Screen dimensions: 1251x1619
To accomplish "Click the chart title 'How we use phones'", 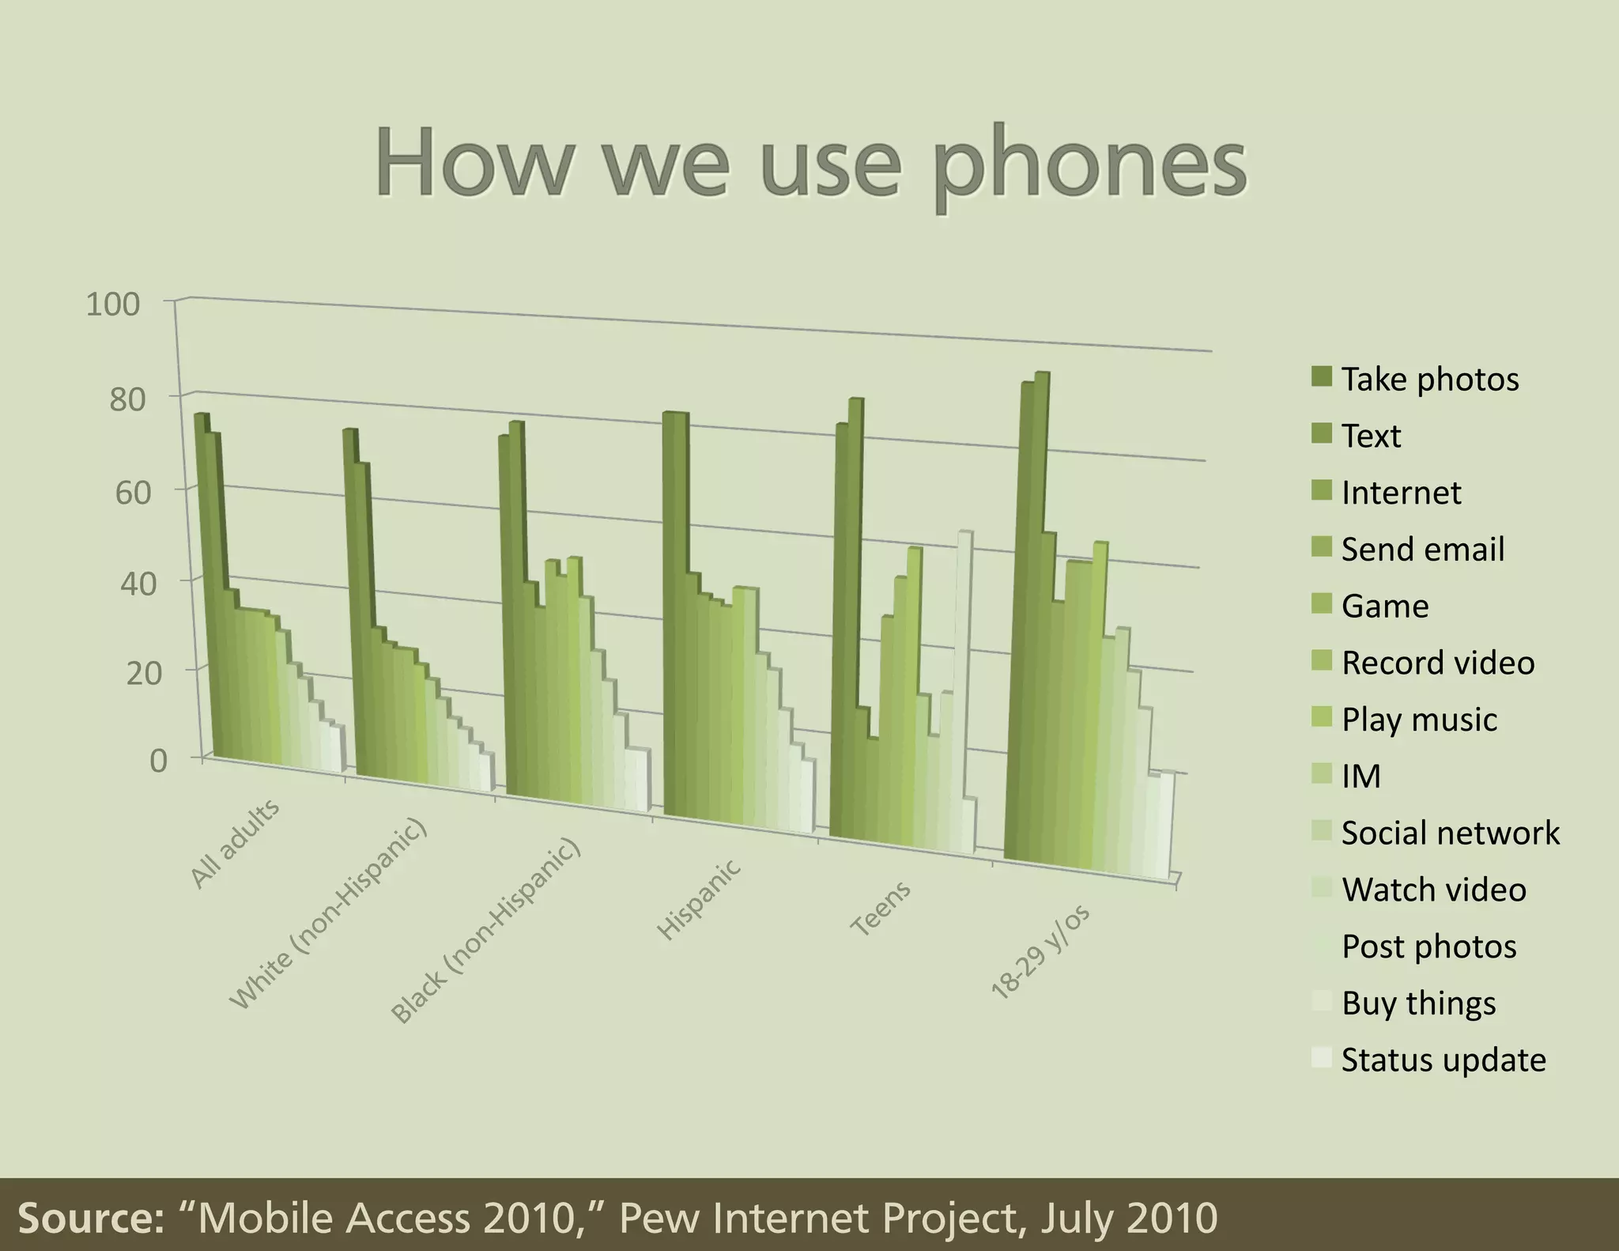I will pyautogui.click(x=810, y=164).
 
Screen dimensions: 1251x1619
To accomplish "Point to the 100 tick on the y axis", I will pyautogui.click(x=112, y=304).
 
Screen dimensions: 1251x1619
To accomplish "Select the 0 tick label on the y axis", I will pyautogui.click(x=158, y=761).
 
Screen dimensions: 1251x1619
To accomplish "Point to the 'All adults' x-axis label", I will pyautogui.click(x=235, y=844).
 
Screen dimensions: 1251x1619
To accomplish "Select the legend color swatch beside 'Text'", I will pyautogui.click(x=1321, y=434).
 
